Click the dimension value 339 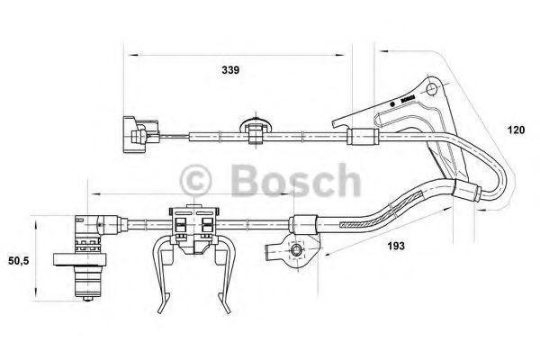[x=230, y=70]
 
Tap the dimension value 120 [x=516, y=130]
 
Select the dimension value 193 [x=396, y=246]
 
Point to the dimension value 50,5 [x=19, y=261]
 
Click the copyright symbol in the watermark [x=195, y=181]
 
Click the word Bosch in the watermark [x=296, y=180]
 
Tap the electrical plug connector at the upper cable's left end [x=140, y=135]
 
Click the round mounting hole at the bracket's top [x=431, y=89]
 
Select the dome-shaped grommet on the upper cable [x=256, y=126]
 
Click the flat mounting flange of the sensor [x=80, y=259]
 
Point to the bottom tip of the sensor [x=88, y=299]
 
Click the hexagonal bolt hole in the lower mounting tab [x=296, y=250]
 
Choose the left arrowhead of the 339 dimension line [x=133, y=54]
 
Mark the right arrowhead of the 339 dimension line [x=339, y=54]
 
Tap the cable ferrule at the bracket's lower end [x=466, y=193]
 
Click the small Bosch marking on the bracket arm [x=408, y=99]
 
